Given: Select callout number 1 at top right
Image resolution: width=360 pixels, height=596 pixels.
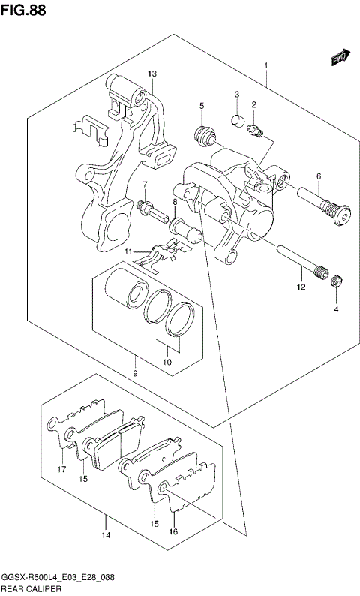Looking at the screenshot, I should [x=266, y=66].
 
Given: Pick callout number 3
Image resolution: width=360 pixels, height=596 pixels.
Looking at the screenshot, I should [x=235, y=95].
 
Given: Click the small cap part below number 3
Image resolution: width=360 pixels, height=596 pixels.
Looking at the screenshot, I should [x=235, y=120].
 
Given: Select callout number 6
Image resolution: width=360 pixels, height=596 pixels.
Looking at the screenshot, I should [x=318, y=176].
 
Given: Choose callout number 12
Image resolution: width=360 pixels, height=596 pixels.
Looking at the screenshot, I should [x=300, y=287].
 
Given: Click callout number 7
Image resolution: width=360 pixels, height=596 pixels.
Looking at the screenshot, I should [x=145, y=185].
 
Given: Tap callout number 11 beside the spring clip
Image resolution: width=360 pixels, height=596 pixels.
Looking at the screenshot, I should [x=129, y=251].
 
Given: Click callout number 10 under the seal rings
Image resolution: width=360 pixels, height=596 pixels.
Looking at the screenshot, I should [x=166, y=363].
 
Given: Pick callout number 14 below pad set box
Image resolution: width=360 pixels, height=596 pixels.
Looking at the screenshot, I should [x=106, y=535].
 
